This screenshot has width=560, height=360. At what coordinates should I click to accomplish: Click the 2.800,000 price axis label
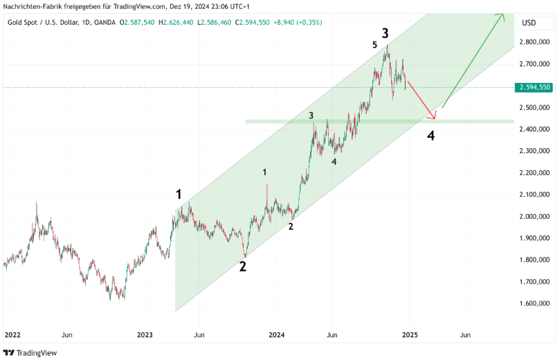pyautogui.click(x=535, y=42)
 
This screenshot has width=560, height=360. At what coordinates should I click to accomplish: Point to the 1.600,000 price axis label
pyautogui.click(x=535, y=304)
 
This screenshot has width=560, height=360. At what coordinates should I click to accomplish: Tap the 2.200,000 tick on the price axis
pyautogui.click(x=535, y=173)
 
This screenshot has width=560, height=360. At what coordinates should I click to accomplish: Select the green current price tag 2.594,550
pyautogui.click(x=535, y=87)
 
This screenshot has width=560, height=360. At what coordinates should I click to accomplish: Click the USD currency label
pyautogui.click(x=528, y=23)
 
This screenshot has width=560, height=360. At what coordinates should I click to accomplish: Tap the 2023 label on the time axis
pyautogui.click(x=145, y=334)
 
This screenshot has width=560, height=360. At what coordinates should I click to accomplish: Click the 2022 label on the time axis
pyautogui.click(x=12, y=334)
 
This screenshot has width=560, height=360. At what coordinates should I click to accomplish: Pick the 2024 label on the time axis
pyautogui.click(x=277, y=334)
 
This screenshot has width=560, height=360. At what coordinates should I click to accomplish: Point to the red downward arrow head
pyautogui.click(x=434, y=116)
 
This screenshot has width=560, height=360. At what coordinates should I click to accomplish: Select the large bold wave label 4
pyautogui.click(x=431, y=135)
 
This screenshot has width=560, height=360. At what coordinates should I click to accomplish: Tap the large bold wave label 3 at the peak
pyautogui.click(x=385, y=32)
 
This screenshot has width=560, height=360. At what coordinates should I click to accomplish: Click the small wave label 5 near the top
pyautogui.click(x=374, y=45)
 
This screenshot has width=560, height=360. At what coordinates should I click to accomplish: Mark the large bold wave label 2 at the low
pyautogui.click(x=243, y=266)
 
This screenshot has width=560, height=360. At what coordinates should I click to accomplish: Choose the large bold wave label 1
pyautogui.click(x=179, y=195)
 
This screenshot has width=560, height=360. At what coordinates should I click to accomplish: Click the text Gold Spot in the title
pyautogui.click(x=24, y=23)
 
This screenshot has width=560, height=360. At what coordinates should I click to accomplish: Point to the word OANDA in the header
pyautogui.click(x=104, y=23)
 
